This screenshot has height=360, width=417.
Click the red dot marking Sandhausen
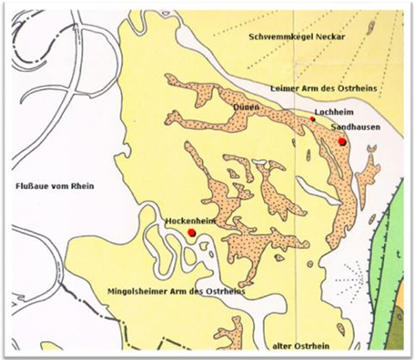[341, 141]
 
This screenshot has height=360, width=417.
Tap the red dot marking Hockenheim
[191, 233]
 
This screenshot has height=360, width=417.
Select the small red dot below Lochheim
[312, 119]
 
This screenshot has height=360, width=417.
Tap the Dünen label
[246, 107]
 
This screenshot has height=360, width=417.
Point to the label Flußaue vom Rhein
[54, 186]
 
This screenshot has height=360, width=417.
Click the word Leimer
[283, 88]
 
